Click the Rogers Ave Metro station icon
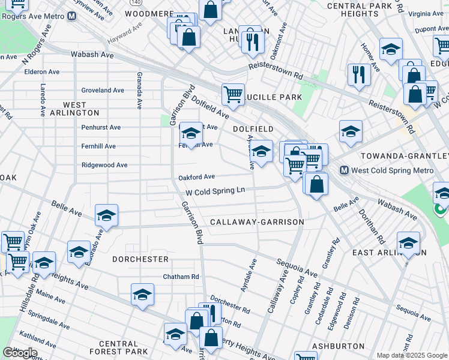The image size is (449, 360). (71, 16)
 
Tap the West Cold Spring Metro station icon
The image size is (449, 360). (345, 170)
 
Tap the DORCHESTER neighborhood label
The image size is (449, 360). (140, 259)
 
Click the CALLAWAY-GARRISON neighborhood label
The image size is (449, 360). (257, 222)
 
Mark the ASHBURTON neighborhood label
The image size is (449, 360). (338, 346)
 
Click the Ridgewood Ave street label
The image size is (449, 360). (104, 165)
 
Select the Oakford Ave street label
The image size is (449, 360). (196, 177)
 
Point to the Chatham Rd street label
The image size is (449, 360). (181, 277)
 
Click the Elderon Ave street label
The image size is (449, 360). (41, 72)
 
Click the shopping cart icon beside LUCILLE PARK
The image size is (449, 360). (233, 94)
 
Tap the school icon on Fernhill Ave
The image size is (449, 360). (191, 133)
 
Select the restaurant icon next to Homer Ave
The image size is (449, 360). (359, 74)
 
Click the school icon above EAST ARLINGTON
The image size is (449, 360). (408, 244)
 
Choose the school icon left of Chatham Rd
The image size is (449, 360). (142, 294)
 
